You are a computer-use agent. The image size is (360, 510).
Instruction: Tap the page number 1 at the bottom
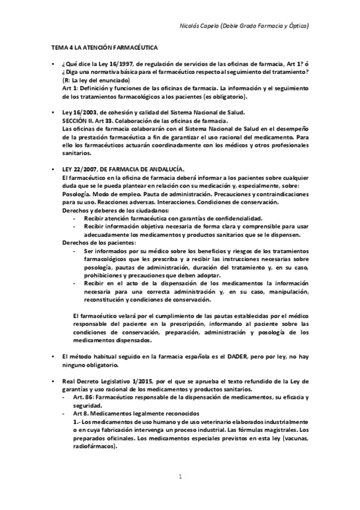click(180, 476)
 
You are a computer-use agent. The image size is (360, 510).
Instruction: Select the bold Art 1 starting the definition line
click(68, 88)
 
